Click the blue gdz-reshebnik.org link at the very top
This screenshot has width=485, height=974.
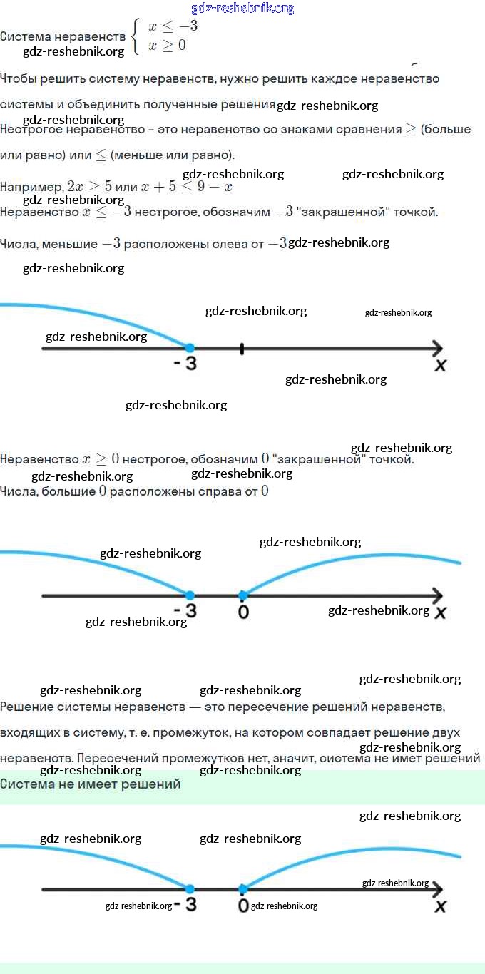click(x=242, y=9)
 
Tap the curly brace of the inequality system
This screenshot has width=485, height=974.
click(x=136, y=36)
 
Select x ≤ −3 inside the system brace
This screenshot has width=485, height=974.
click(x=173, y=27)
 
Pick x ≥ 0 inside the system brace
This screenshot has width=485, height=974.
click(x=167, y=46)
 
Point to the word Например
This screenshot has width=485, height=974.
click(x=31, y=187)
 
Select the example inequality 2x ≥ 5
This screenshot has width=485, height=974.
click(x=89, y=187)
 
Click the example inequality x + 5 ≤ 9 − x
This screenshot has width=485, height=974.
click(x=186, y=187)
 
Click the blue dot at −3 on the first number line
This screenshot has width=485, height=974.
click(x=190, y=348)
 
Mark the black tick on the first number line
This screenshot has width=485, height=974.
click(x=242, y=349)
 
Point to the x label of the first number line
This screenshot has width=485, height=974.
click(x=440, y=366)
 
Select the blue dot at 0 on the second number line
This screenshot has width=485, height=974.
click(x=242, y=595)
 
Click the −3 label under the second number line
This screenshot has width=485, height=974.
click(x=185, y=611)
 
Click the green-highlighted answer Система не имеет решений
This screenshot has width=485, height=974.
click(x=91, y=784)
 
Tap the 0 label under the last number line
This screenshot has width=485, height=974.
click(x=243, y=906)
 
